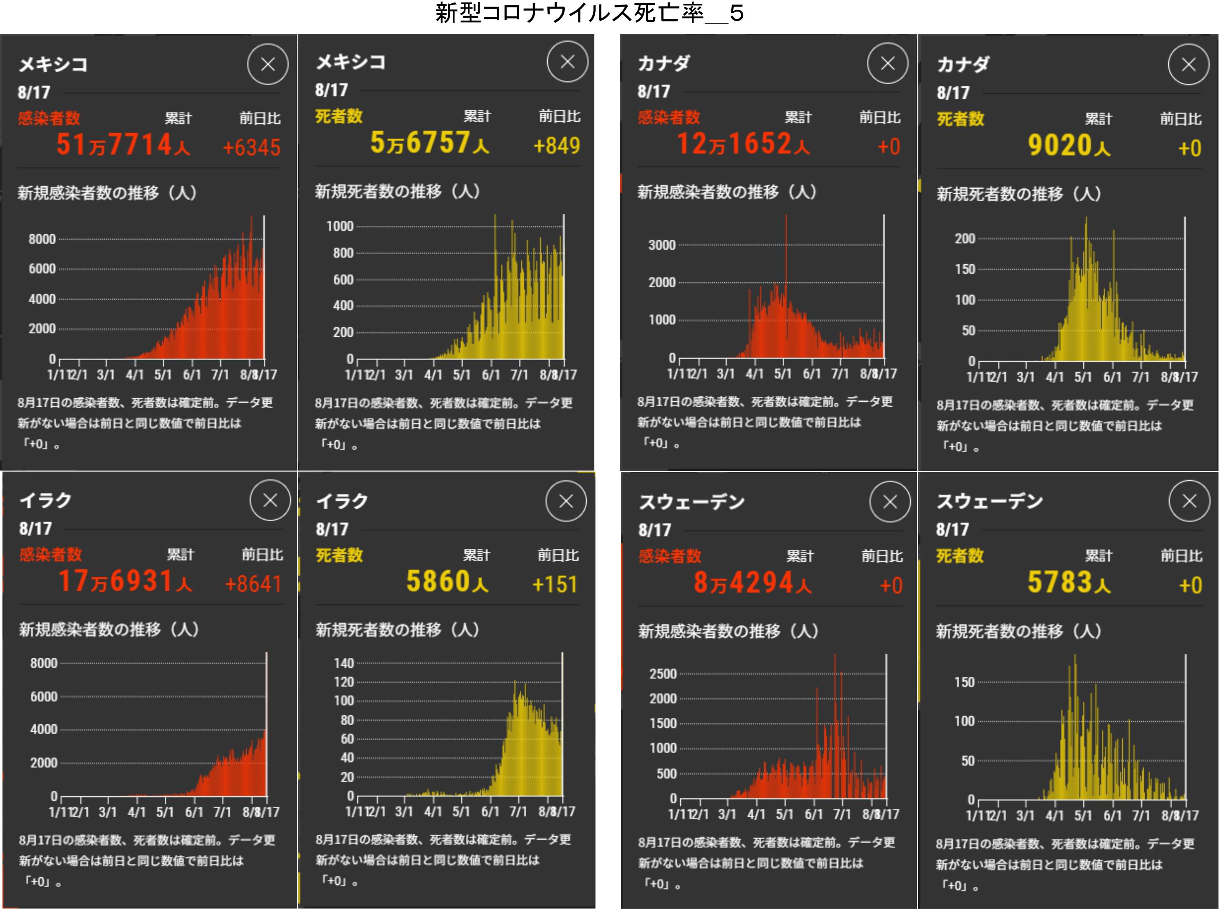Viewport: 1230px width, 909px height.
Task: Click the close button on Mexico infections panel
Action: click(x=268, y=65)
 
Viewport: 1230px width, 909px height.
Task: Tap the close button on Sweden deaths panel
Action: click(x=1189, y=501)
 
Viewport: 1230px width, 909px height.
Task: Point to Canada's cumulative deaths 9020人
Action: click(x=1069, y=146)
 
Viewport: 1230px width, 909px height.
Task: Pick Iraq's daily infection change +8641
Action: click(x=253, y=584)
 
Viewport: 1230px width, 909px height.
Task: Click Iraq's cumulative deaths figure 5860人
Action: click(x=447, y=582)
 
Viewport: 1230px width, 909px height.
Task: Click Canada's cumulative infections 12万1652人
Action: click(x=743, y=144)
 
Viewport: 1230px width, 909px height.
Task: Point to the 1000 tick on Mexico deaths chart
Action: click(x=340, y=226)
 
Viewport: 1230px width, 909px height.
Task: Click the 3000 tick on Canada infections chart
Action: click(x=662, y=245)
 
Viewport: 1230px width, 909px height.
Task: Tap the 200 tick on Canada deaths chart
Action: click(x=965, y=239)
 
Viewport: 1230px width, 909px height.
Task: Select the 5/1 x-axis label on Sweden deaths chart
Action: click(x=1083, y=815)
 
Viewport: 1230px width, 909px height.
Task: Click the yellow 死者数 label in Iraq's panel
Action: click(x=339, y=555)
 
